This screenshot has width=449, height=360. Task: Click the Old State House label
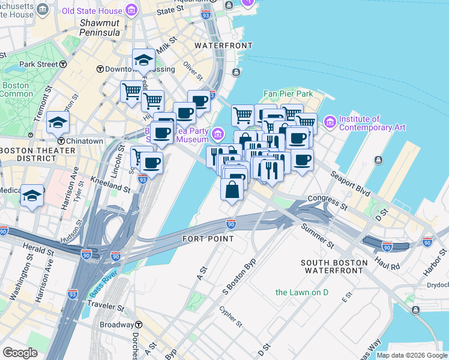[92, 10]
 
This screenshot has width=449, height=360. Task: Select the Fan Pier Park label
[288, 94]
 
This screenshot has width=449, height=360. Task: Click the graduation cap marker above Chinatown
[58, 122]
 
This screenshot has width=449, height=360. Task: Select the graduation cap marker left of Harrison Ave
[31, 196]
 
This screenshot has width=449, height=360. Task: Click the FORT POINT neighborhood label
[208, 239]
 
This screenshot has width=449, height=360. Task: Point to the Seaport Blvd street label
[349, 184]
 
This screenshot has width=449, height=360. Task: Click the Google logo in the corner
[20, 353]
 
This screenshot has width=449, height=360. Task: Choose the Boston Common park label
[16, 90]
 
